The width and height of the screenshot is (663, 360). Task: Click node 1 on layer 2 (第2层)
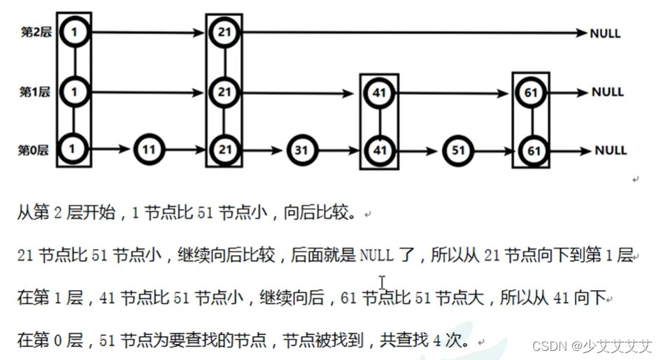click(x=74, y=31)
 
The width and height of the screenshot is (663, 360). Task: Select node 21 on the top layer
click(x=224, y=32)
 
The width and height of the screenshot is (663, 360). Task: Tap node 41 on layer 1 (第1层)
click(x=380, y=92)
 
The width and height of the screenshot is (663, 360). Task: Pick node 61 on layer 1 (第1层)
click(x=533, y=92)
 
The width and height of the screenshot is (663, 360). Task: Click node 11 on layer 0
click(x=148, y=149)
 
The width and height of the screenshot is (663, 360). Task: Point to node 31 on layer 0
click(x=302, y=150)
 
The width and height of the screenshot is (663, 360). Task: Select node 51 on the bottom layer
click(x=457, y=150)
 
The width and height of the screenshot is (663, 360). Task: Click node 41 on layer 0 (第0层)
click(x=380, y=150)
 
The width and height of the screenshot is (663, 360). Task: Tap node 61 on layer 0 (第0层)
click(x=533, y=150)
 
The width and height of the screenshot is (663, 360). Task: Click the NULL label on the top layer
click(x=605, y=33)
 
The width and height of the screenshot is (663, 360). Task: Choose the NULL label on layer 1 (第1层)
click(x=607, y=92)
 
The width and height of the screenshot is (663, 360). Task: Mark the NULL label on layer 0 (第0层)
click(x=611, y=150)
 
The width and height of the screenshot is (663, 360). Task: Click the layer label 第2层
click(x=36, y=31)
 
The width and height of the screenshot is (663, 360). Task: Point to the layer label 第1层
click(x=36, y=92)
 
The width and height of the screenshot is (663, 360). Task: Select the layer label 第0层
click(x=36, y=149)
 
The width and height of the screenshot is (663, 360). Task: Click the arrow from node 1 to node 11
click(x=110, y=149)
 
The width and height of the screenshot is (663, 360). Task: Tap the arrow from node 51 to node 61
click(x=495, y=150)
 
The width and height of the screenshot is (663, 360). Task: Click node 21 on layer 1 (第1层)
click(x=224, y=92)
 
